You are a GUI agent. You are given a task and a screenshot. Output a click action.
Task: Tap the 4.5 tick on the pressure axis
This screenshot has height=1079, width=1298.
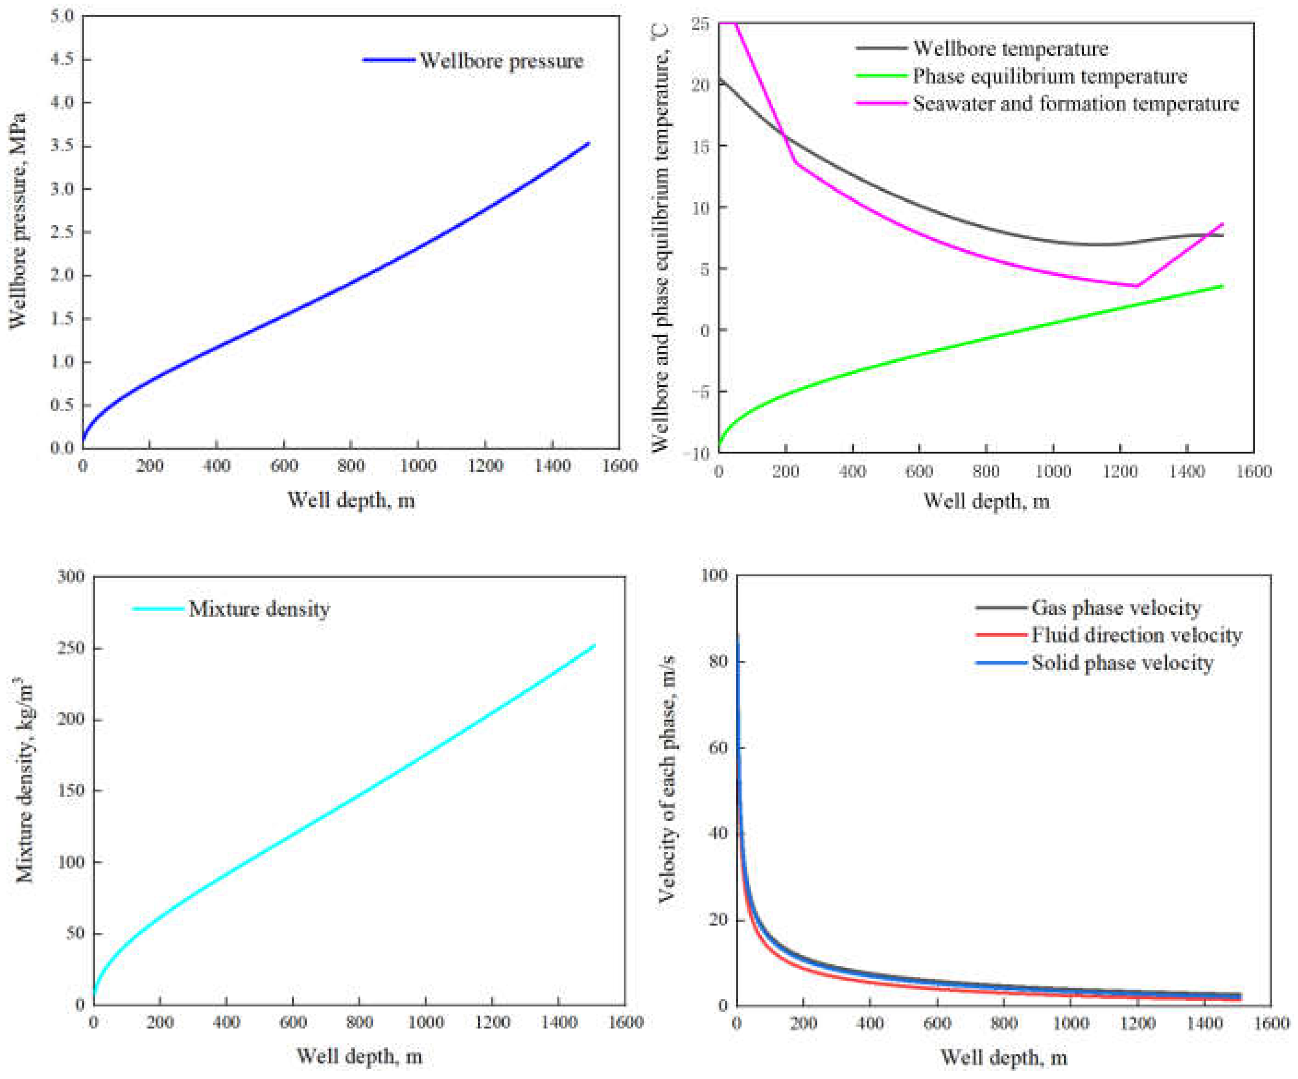point(61,59)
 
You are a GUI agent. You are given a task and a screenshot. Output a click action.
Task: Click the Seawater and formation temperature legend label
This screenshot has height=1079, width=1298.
point(1076,103)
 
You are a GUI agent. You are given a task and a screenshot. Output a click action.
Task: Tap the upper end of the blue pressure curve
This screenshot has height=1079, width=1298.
point(588,144)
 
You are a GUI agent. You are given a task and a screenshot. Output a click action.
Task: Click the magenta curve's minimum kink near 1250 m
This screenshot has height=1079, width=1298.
point(1137,286)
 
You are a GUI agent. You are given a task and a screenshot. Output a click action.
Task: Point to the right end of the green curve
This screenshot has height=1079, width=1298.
point(1222,286)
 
